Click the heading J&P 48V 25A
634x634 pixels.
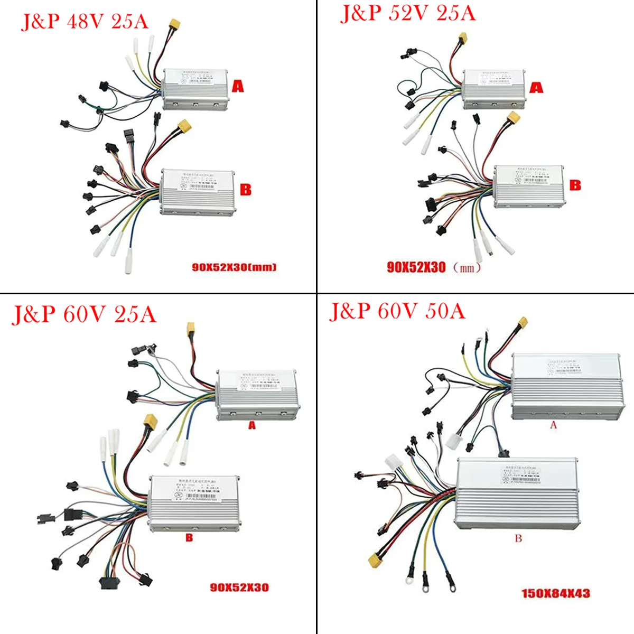pos(85,21)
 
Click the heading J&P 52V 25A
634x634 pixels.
pos(408,13)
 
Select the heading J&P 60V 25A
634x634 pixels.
pos(83,314)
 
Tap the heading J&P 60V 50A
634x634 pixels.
pos(397,311)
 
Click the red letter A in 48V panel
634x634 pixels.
pos(238,86)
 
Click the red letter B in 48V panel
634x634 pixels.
pos(246,189)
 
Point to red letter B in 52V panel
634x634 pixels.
pos(575,185)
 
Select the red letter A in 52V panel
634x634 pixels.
pos(536,87)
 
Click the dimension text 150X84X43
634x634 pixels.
pos(555,593)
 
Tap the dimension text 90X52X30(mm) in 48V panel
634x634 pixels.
pos(234,267)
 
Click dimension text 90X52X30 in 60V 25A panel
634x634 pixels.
pos(239,587)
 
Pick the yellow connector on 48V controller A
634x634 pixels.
pos(174,24)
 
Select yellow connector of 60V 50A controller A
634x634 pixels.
pos(523,322)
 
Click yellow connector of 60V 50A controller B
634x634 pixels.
pos(376,558)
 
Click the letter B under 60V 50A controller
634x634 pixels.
pos(518,538)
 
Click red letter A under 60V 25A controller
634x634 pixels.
pos(252,425)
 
